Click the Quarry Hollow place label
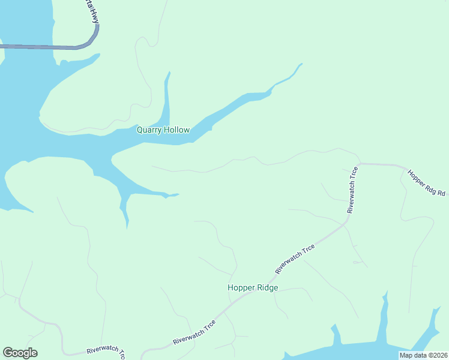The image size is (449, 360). [x=163, y=130]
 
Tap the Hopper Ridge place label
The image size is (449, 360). [x=253, y=287]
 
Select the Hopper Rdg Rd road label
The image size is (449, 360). [x=427, y=182]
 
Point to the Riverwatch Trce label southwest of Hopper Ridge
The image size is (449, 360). [x=194, y=332]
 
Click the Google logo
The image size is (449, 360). [x=20, y=353]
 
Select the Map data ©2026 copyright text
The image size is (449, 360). [x=423, y=355]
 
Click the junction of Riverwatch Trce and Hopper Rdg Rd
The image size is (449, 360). [x=358, y=163]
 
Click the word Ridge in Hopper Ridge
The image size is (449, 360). [x=267, y=287]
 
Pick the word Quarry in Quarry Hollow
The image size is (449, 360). [x=149, y=130]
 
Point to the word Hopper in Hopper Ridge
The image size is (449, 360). [x=240, y=287]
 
